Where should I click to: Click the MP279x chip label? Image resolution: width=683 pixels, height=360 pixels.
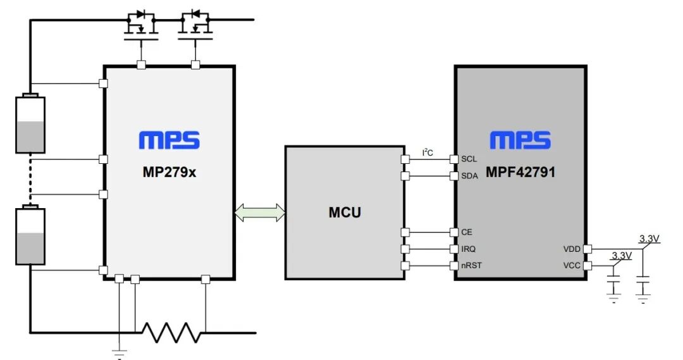169,171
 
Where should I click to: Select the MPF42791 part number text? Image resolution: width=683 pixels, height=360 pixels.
520,171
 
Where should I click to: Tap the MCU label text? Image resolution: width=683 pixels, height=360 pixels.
345,213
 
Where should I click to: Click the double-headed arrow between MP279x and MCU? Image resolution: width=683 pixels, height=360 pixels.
260,213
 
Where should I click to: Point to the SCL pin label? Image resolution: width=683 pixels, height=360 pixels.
469,159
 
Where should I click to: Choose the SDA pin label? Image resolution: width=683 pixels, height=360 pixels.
469,176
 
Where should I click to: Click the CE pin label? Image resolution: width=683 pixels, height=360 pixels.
467,232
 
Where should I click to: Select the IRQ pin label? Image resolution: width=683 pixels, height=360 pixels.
468,249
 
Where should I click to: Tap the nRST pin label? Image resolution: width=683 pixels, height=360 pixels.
471,265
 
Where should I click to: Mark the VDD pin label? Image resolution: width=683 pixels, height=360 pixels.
572,249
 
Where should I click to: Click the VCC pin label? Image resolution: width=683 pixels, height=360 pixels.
572,266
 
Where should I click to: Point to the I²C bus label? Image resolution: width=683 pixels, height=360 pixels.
428,152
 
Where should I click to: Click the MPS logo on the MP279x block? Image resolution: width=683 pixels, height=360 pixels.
169,140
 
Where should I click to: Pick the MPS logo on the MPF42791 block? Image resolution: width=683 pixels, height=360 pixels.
520,140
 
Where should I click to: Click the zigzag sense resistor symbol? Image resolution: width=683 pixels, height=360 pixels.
170,332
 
